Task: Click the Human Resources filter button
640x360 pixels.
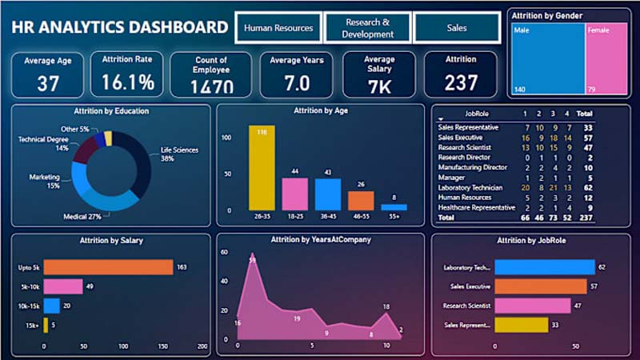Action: click(278, 28)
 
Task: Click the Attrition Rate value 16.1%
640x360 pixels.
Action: click(127, 82)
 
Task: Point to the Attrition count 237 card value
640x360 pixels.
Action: click(460, 82)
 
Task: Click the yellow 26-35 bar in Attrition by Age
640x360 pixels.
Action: click(262, 168)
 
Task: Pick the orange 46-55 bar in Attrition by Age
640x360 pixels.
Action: click(361, 200)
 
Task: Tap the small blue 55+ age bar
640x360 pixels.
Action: click(394, 207)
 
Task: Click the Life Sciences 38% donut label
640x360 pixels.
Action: click(178, 154)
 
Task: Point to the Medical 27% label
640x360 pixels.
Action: click(82, 216)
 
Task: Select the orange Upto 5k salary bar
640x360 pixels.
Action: click(108, 267)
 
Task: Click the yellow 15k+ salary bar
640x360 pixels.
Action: click(46, 324)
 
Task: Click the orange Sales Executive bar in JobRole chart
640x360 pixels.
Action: click(540, 286)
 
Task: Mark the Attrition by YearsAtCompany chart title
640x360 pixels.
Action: click(321, 239)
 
